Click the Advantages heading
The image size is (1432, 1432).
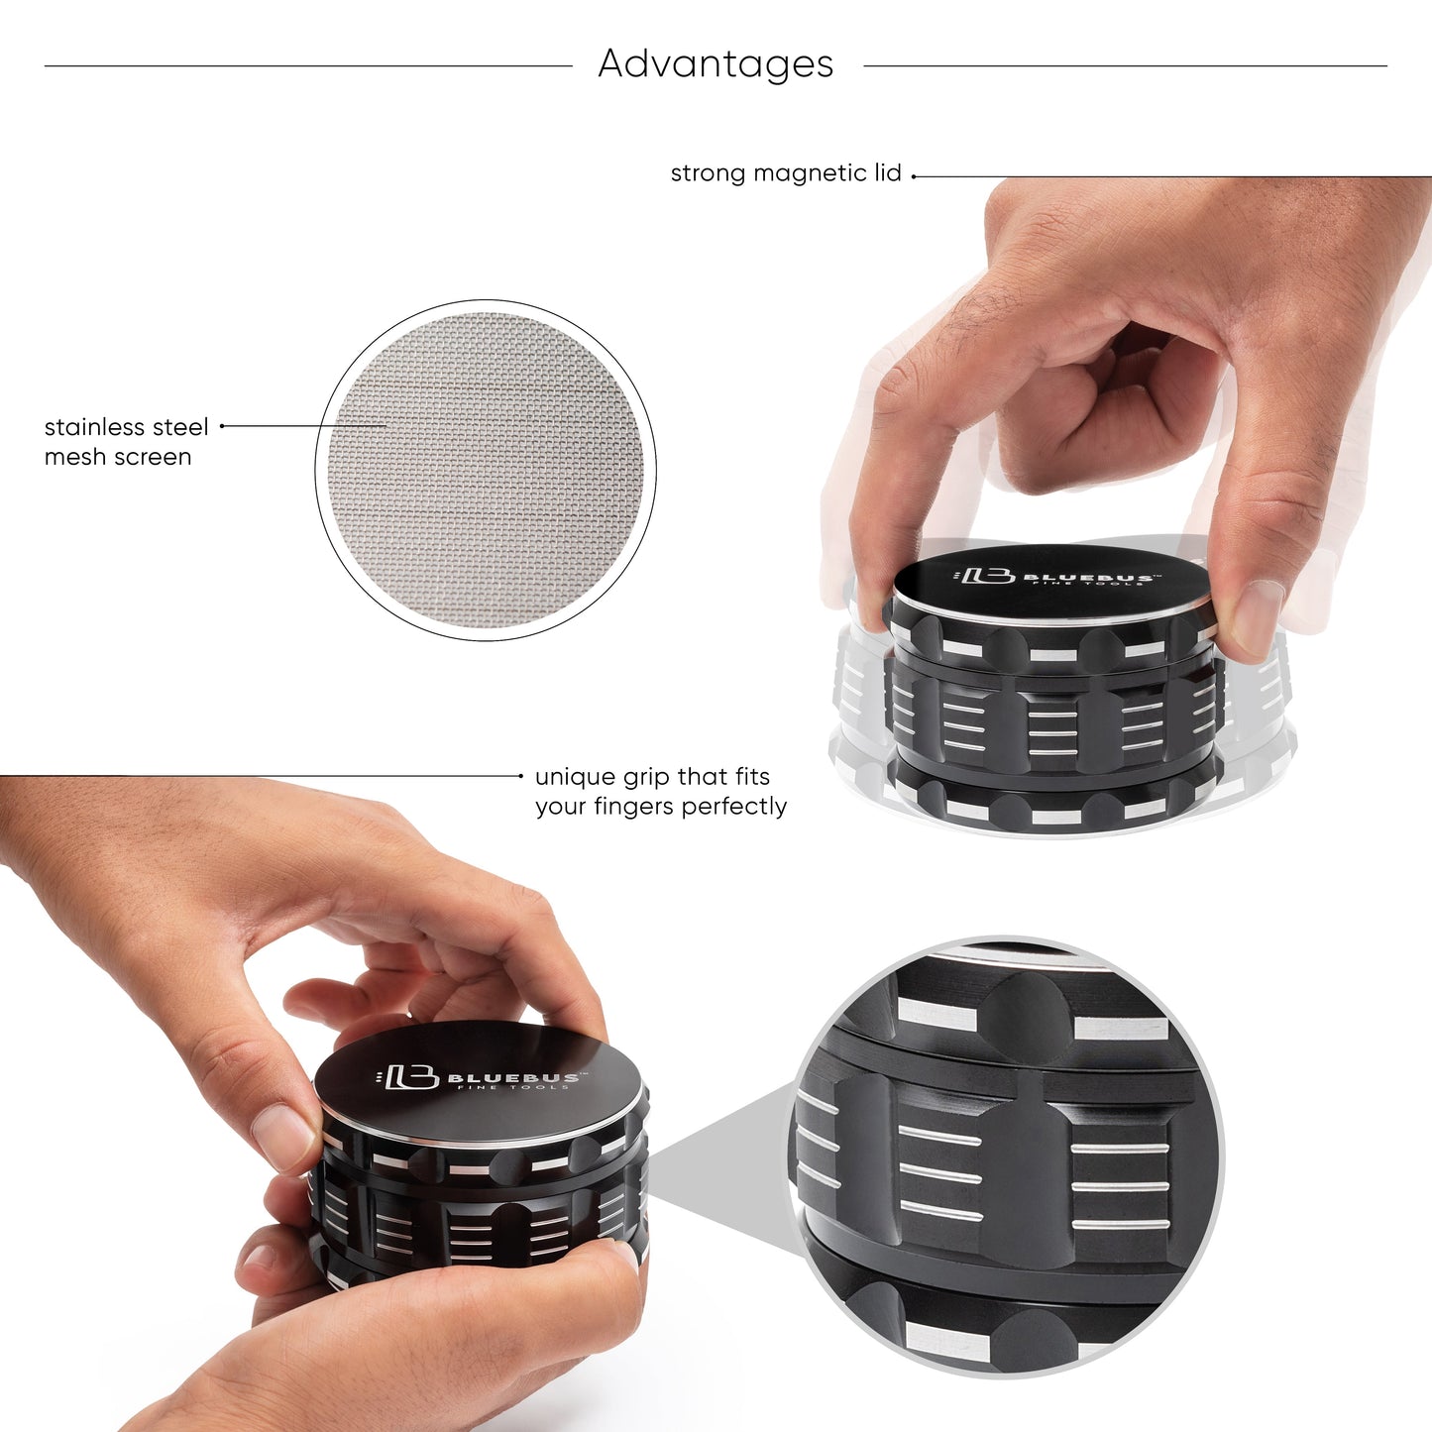coord(716,64)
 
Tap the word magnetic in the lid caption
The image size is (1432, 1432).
coord(810,173)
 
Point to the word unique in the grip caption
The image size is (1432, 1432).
coord(574,777)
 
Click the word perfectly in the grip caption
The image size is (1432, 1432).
coord(733,807)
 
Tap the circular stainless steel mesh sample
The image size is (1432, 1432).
coord(486,470)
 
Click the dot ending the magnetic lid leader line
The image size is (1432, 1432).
coord(914,176)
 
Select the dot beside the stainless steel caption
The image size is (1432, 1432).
coord(222,426)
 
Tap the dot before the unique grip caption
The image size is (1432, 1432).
coord(521,776)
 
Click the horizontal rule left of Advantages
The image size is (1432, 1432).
coord(308,66)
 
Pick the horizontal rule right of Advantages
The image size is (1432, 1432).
coord(1125,66)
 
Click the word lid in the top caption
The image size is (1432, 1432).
coord(887,173)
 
